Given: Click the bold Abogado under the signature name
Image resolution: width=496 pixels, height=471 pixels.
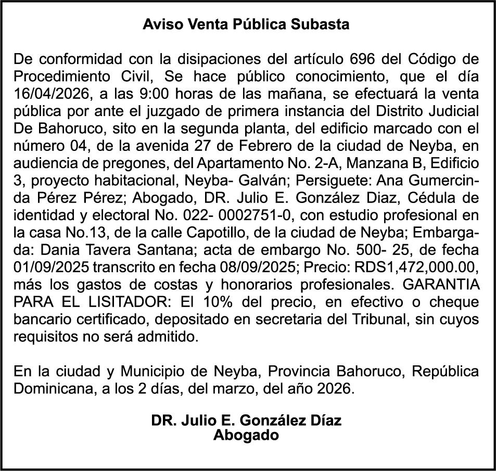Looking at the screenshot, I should [x=246, y=435].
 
